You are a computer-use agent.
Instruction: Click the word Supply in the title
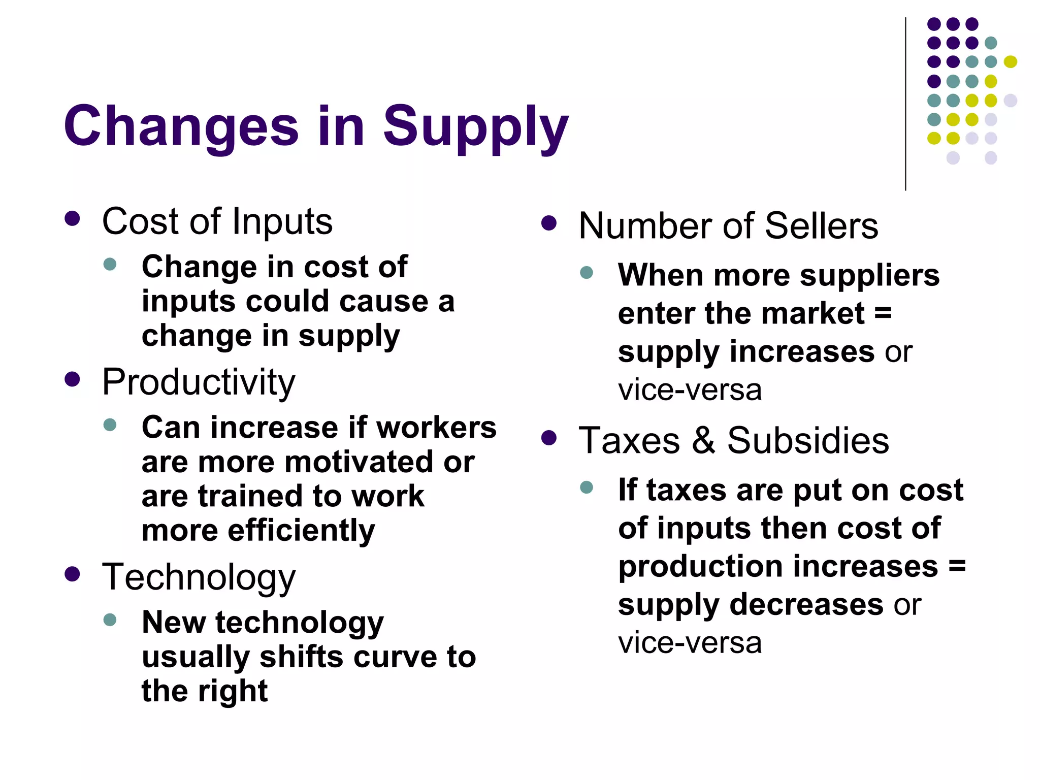[475, 127]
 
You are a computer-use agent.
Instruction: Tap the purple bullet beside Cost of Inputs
[73, 219]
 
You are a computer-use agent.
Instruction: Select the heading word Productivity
[199, 382]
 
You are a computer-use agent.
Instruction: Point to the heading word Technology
[199, 577]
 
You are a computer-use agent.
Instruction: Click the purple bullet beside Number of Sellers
[549, 223]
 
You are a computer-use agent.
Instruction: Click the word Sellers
[821, 225]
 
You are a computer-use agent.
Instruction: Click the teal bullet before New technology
[110, 620]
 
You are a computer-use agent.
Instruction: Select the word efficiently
[301, 531]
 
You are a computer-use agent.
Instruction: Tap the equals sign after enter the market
[883, 313]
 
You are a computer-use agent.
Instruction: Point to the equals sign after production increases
[957, 566]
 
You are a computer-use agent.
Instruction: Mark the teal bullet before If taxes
[587, 487]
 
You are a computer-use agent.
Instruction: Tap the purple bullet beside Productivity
[73, 379]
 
